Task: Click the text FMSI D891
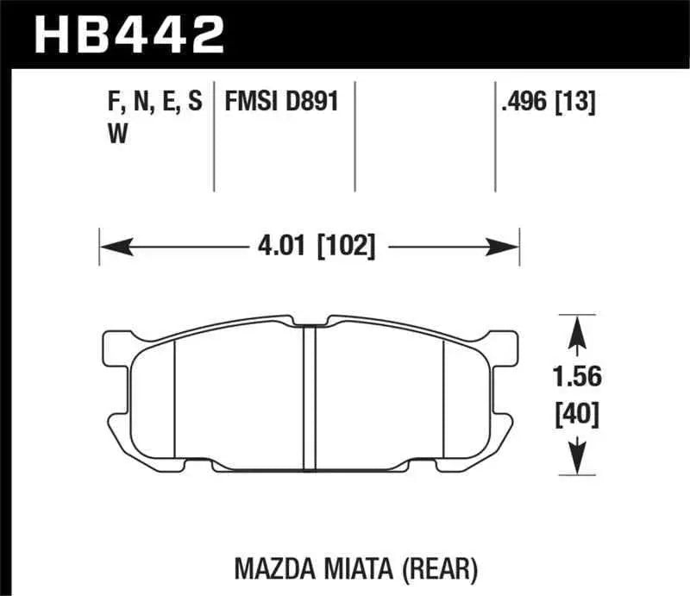280,104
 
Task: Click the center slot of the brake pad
310,392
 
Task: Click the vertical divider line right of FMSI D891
356,138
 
